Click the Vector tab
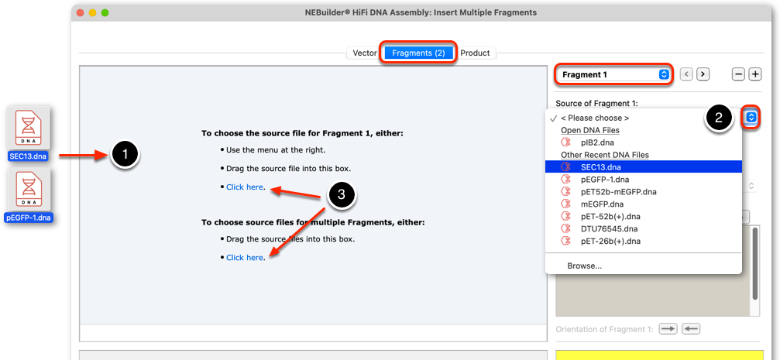365,53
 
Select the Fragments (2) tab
418,53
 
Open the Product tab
475,53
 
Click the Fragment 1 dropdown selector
613,74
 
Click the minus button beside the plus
739,74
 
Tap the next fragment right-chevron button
703,74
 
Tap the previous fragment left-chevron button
686,74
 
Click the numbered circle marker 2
719,118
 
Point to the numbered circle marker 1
125,155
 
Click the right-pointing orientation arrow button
668,329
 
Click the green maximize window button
105,12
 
